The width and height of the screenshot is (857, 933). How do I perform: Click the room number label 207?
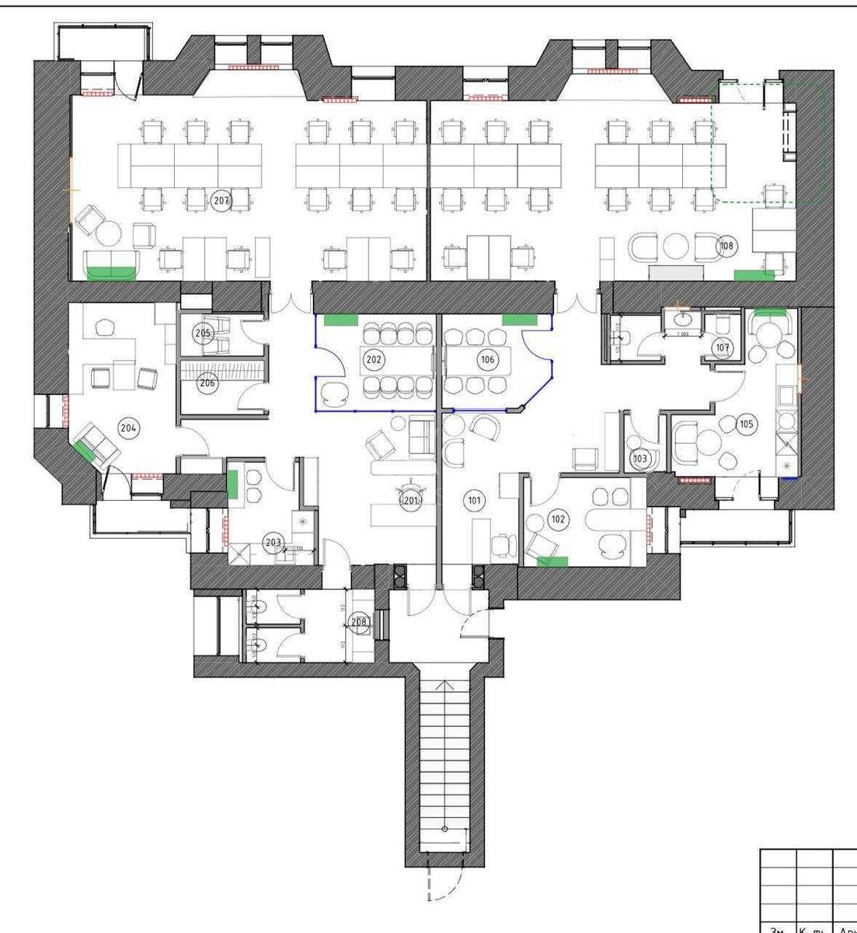pos(221,201)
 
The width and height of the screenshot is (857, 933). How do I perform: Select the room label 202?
pos(374,359)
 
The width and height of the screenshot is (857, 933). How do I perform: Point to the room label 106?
pos(488,360)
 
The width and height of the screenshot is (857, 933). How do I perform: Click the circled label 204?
pos(127,426)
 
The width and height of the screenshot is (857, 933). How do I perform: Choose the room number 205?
pos(203,333)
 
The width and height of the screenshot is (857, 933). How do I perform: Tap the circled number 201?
pos(410,501)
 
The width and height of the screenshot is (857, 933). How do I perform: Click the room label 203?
pos(272,543)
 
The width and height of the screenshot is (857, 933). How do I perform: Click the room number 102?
pos(556,519)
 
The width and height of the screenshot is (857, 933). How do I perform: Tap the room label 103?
pos(640,459)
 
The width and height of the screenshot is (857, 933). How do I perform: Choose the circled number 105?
pos(747,424)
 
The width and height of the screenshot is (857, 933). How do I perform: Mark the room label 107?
pos(723,347)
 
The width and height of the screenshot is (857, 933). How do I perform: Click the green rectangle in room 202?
pos(340,319)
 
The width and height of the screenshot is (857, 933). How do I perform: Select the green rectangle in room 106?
pos(519,319)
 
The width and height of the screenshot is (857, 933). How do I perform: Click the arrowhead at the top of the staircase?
pos(444,685)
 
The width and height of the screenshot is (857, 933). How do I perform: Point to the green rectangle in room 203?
pos(233,485)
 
